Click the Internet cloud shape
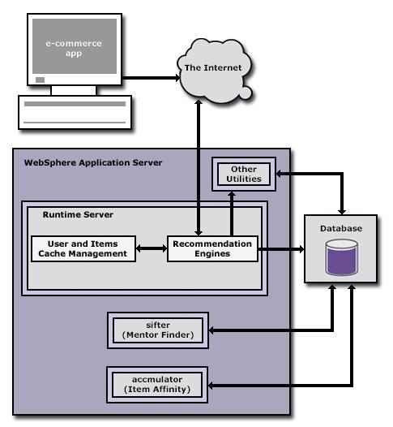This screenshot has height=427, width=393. [214, 71]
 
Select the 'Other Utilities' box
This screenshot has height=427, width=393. [244, 174]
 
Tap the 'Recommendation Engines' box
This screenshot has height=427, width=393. [212, 248]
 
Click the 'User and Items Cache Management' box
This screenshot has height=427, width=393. [83, 248]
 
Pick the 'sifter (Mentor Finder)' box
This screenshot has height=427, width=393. [158, 330]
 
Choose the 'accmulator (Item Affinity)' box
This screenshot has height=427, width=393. [157, 385]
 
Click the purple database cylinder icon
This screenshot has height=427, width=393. [341, 257]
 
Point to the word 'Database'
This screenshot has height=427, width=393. [341, 228]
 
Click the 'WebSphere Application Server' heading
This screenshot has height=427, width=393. [93, 162]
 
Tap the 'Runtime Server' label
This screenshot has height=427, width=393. [78, 214]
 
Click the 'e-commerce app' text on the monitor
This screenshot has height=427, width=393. [74, 48]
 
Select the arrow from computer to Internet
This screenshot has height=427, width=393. [151, 78]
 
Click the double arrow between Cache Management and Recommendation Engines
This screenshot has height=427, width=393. [152, 248]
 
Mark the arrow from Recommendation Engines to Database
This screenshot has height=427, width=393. [281, 248]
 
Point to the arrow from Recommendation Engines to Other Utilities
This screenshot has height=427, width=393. [232, 213]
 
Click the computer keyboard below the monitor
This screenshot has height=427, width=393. [75, 112]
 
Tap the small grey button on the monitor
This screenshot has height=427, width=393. [40, 80]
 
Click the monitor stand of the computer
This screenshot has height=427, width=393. [74, 90]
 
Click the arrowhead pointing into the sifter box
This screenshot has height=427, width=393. [211, 330]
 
